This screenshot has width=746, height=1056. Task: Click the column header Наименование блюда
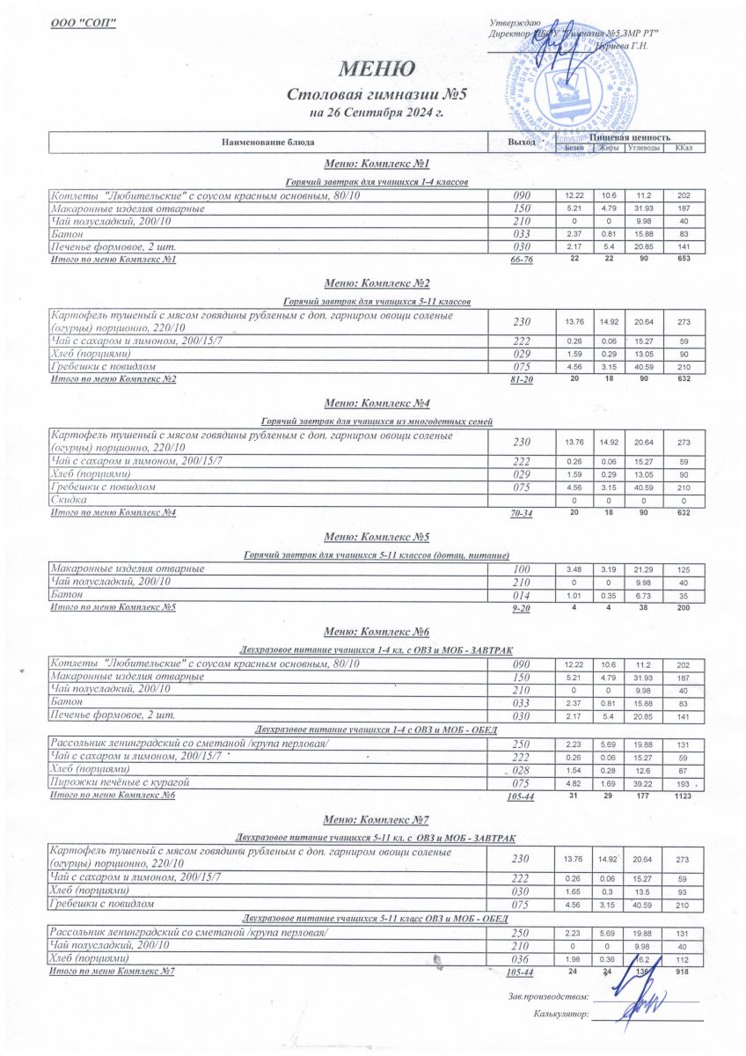pos(267,142)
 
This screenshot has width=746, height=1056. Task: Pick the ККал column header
pos(684,147)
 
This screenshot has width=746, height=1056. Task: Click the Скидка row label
pos(70,499)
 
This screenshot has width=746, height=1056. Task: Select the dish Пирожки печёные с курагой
pos(121,781)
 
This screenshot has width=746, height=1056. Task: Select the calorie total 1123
pos(684,796)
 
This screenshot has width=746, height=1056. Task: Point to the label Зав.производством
pos(547,996)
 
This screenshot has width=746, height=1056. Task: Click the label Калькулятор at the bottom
pos(559,1015)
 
